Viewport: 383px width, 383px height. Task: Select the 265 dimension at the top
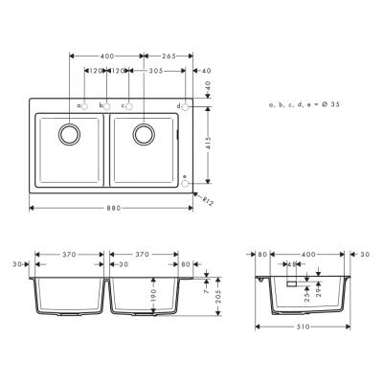(x=168, y=56)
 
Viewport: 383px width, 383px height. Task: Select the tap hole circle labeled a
(x=85, y=105)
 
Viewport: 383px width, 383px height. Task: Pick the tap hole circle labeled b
(x=106, y=105)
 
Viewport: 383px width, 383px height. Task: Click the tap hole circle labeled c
(x=128, y=105)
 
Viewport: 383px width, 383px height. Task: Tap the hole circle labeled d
(x=186, y=105)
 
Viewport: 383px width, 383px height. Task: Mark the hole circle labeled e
(x=186, y=176)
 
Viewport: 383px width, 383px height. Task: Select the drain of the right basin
(x=145, y=133)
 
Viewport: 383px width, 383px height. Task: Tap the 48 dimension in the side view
(x=289, y=264)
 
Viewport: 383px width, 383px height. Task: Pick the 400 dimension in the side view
(x=307, y=255)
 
